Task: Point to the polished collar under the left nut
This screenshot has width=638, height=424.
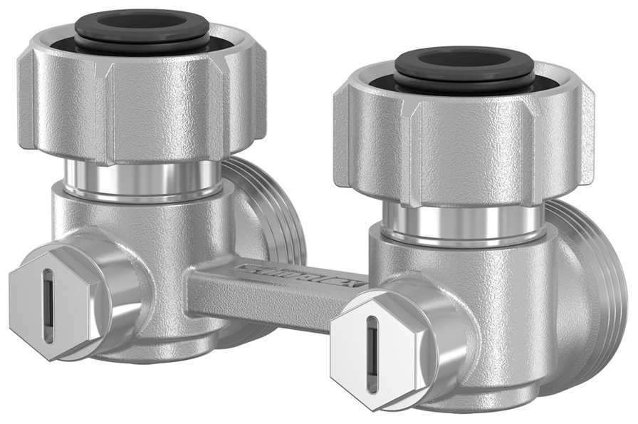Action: [142, 178]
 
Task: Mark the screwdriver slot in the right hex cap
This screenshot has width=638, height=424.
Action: [372, 353]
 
